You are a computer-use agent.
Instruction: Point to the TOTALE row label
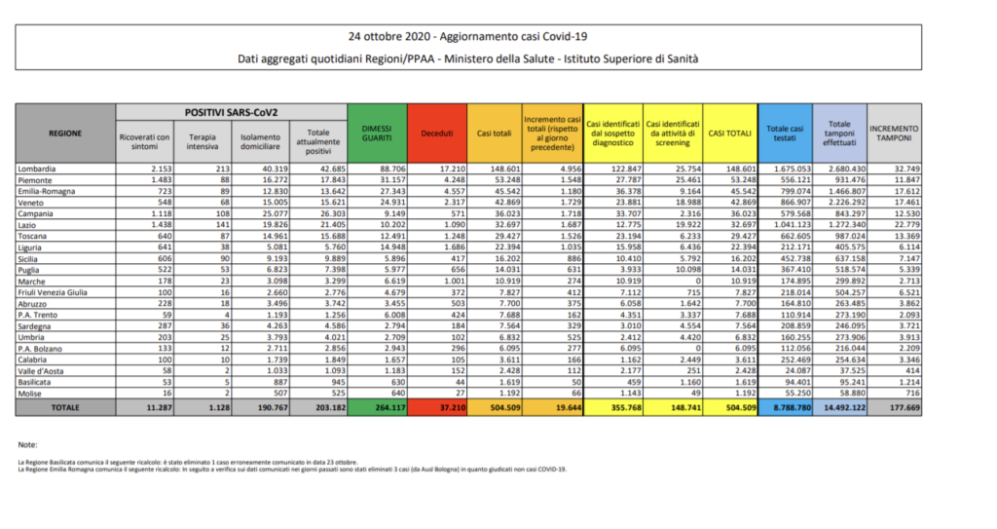click(39, 406)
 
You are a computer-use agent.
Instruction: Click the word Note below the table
click(26, 443)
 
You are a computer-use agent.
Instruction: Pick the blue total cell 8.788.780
click(786, 406)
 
